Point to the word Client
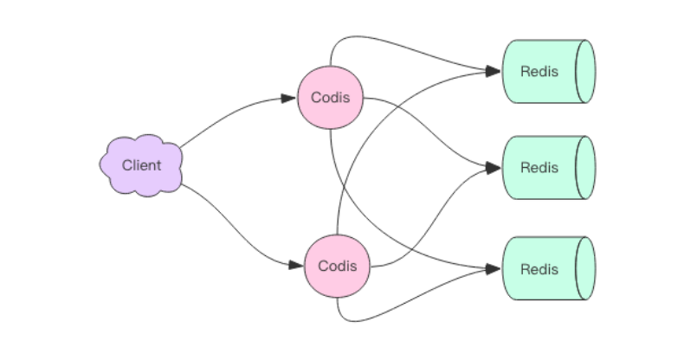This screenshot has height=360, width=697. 141,165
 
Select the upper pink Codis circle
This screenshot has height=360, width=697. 330,98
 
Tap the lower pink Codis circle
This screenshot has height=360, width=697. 337,266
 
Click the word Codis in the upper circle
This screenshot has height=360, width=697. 330,98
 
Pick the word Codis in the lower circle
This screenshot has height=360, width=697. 337,266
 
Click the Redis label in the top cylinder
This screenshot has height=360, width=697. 539,72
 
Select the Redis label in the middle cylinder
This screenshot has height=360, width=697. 539,168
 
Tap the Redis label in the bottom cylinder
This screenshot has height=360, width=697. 539,268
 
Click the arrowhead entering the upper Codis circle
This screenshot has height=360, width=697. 289,99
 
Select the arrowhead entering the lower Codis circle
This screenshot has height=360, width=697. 297,265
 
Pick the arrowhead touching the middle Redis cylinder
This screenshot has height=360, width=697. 495,168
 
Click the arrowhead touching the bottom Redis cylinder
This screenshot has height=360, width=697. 495,268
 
